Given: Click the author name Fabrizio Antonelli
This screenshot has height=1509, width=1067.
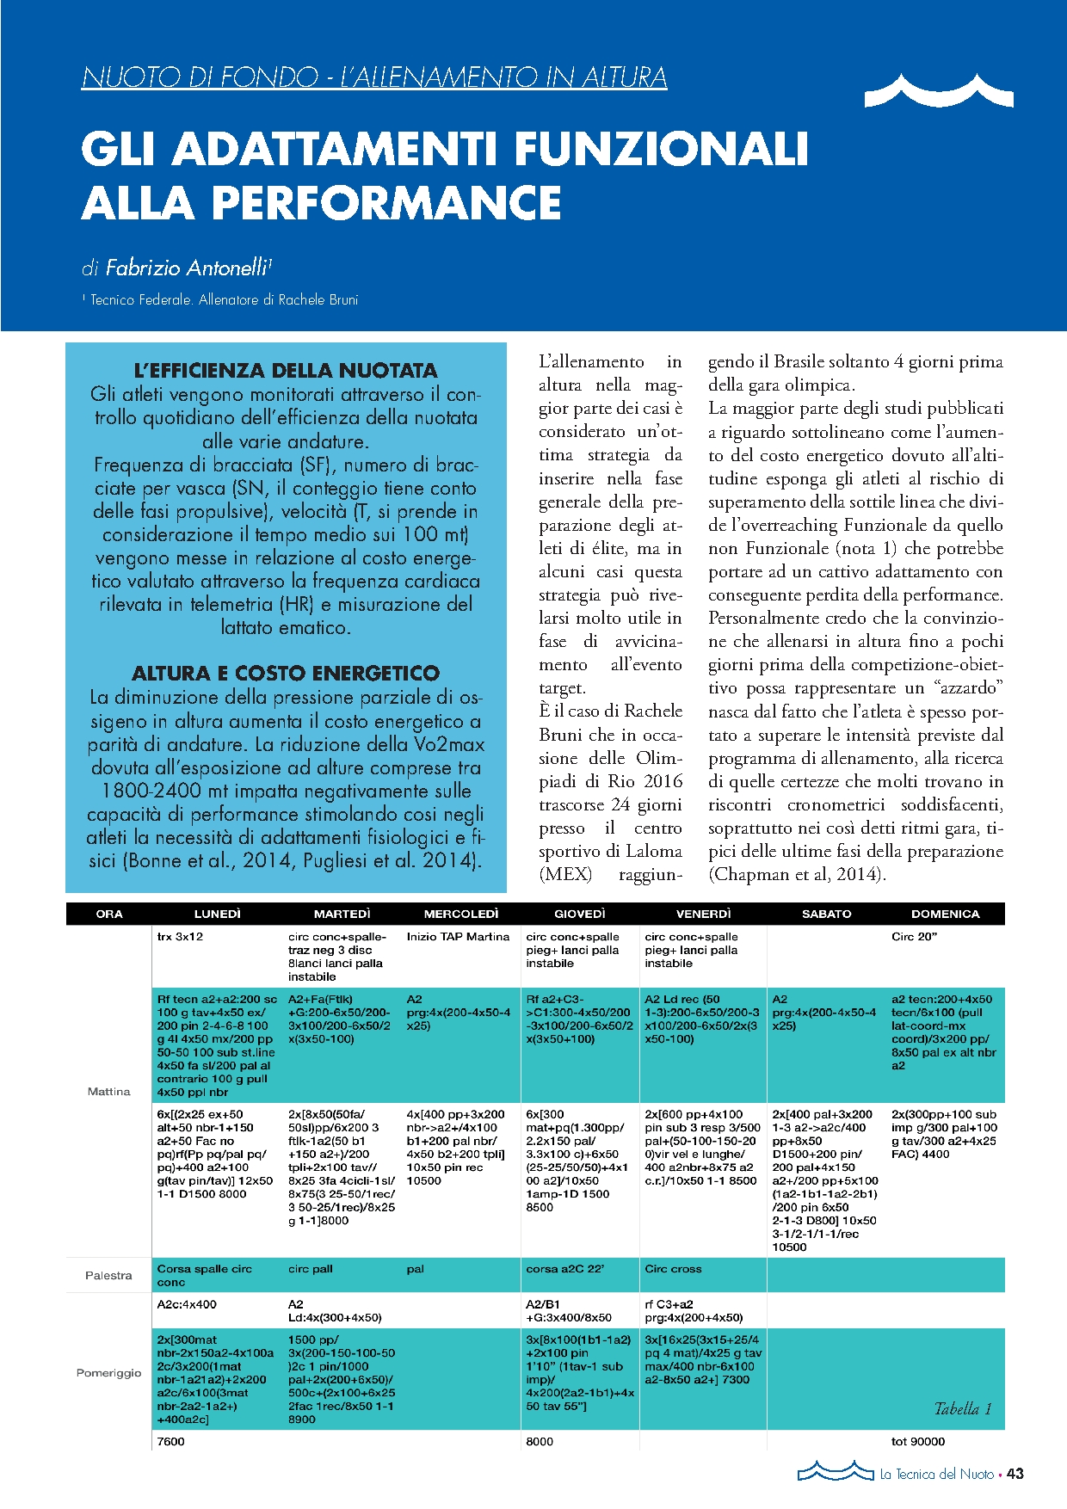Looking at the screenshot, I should [x=185, y=268].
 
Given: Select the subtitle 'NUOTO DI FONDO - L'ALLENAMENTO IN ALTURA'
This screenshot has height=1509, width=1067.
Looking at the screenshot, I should [x=374, y=77].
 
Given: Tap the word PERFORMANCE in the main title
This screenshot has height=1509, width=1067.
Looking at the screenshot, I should [x=386, y=203].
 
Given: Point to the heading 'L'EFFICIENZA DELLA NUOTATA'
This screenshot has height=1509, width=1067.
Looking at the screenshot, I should [x=286, y=371].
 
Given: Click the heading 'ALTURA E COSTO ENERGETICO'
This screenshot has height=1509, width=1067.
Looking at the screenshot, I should [x=286, y=673].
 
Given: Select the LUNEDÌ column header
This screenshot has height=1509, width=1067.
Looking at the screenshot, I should [x=218, y=914].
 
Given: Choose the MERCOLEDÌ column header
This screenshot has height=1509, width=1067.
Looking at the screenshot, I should [x=461, y=914].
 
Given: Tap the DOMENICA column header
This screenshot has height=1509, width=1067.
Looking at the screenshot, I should [x=945, y=914].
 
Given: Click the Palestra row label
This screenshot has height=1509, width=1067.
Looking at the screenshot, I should [x=108, y=1275].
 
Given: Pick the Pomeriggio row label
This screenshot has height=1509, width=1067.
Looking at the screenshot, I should [x=108, y=1372].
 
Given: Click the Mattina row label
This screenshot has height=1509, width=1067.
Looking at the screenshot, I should [x=108, y=1091].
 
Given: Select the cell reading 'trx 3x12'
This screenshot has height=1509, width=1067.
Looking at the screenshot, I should [x=180, y=937].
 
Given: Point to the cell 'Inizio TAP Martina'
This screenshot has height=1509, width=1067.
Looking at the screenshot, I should [x=458, y=937].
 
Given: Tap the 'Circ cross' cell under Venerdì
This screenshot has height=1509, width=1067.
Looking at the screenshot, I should [x=673, y=1269].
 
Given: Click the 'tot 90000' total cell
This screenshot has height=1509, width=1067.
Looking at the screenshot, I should [x=917, y=1441].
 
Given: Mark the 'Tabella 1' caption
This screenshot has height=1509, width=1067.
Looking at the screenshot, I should [x=963, y=1408].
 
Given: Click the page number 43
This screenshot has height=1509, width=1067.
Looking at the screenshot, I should [x=1015, y=1474].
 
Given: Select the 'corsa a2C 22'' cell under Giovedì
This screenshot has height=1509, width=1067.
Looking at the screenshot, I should [x=564, y=1269].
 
